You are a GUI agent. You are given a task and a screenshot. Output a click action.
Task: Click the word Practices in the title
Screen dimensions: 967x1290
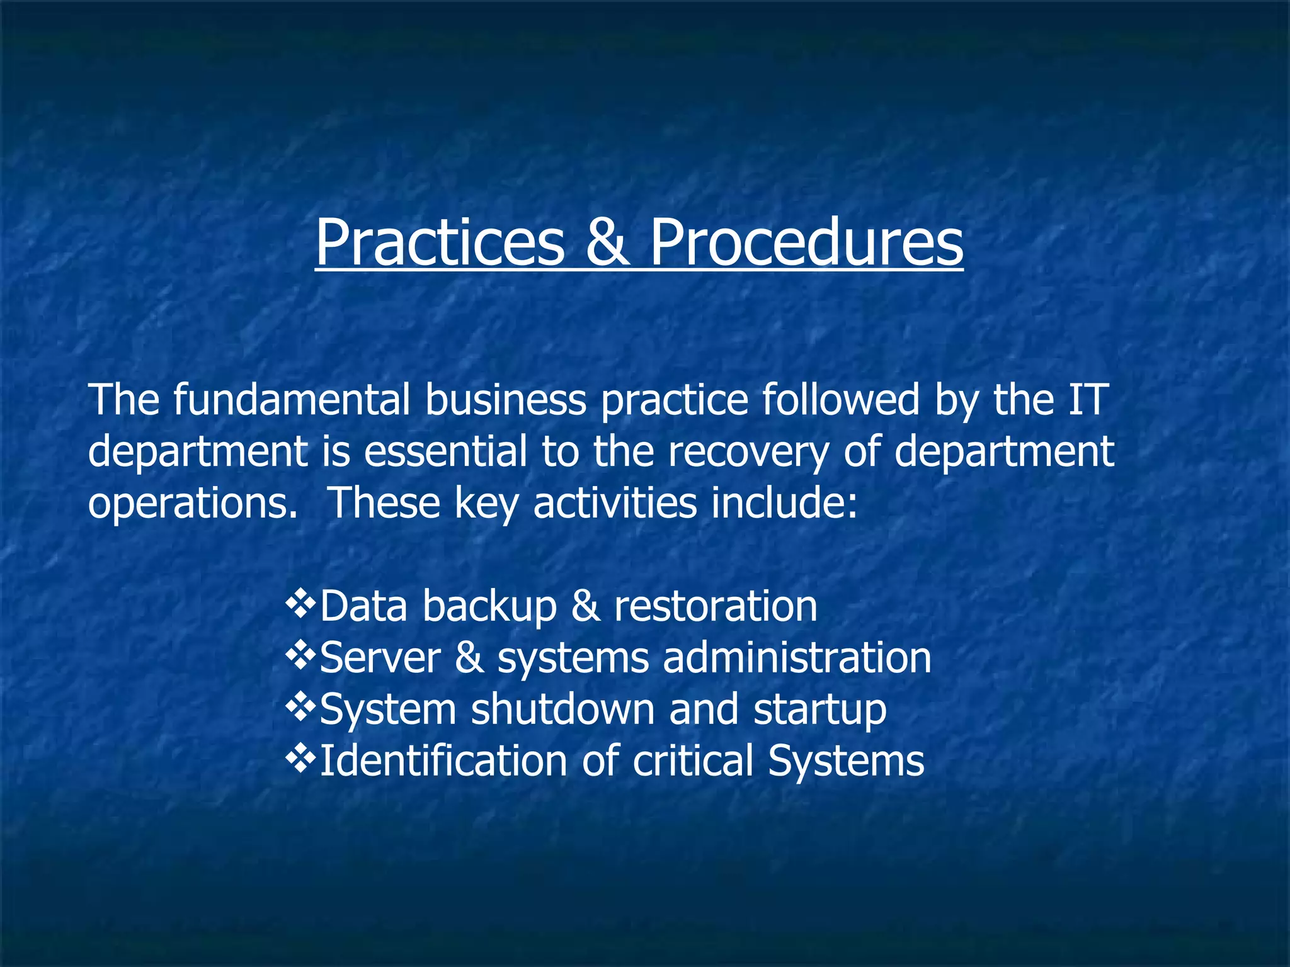tap(440, 243)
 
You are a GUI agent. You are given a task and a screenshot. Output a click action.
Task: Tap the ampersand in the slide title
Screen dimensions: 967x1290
tap(607, 243)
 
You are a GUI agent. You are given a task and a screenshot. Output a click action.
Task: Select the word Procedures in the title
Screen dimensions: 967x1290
tap(806, 243)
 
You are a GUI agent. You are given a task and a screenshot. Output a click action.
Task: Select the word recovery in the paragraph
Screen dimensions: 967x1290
tap(748, 452)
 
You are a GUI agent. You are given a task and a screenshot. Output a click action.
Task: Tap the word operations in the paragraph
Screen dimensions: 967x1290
tap(192, 504)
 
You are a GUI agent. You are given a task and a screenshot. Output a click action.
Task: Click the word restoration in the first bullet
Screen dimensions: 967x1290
tap(716, 606)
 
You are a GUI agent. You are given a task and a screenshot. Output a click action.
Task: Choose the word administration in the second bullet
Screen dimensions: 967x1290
tap(797, 658)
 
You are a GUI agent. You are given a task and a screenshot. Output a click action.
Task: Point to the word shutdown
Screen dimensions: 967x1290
tap(562, 710)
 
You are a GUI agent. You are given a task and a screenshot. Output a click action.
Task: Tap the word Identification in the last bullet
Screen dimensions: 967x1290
tap(443, 761)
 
